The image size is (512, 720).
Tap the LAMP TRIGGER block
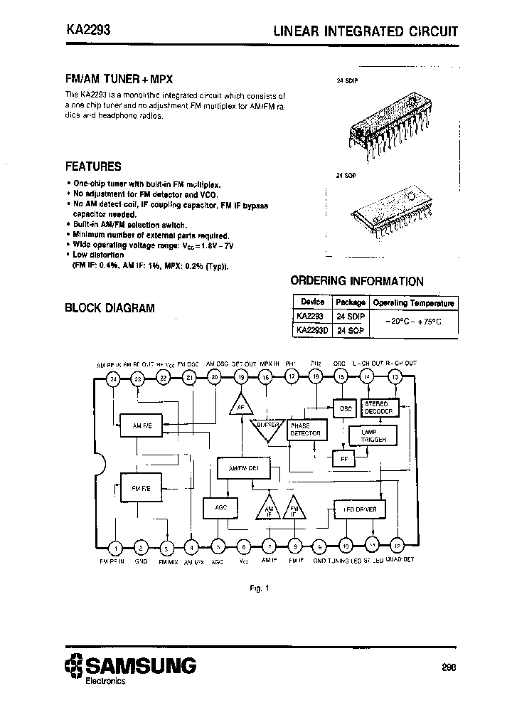coord(373,435)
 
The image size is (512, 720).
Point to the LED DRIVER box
coord(360,509)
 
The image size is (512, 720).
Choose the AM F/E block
coord(142,425)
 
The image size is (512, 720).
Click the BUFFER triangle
coord(267,426)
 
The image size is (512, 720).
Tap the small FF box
coord(344,459)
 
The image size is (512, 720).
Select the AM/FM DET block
coord(245,468)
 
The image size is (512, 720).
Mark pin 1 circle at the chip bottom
coord(117,547)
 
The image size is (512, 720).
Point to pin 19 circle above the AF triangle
coord(242,378)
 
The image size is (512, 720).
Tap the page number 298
coord(447,667)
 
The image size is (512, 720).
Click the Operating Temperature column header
coord(413,302)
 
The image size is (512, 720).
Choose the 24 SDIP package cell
coord(350,316)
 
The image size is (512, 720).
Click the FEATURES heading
coord(93,166)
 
